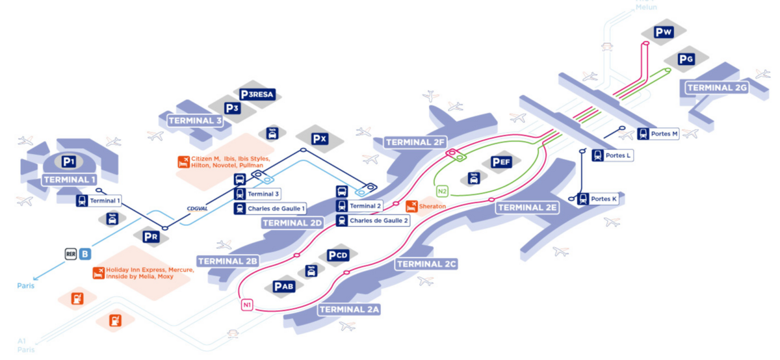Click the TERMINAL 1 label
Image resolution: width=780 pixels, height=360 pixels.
click(70, 179)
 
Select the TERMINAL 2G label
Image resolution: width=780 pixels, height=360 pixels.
click(717, 87)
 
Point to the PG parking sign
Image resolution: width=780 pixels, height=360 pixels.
click(686, 59)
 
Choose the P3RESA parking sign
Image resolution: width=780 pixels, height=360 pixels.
click(257, 94)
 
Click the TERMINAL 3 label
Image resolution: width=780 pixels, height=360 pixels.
click(195, 120)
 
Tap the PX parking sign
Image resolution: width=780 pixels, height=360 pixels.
click(318, 138)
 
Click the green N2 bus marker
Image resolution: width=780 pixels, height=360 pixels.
click(443, 191)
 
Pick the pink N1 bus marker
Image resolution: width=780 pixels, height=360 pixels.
click(247, 305)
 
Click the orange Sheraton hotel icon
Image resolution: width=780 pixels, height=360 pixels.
click(411, 206)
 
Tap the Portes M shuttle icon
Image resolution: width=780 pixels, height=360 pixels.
click(643, 134)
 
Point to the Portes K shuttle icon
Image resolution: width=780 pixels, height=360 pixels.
click(583, 199)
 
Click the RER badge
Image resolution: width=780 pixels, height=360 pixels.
click(71, 254)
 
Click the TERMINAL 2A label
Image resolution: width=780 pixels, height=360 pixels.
click(349, 309)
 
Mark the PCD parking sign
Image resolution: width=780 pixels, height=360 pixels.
click(338, 255)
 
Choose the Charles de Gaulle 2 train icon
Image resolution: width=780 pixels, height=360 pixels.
click(342, 220)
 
